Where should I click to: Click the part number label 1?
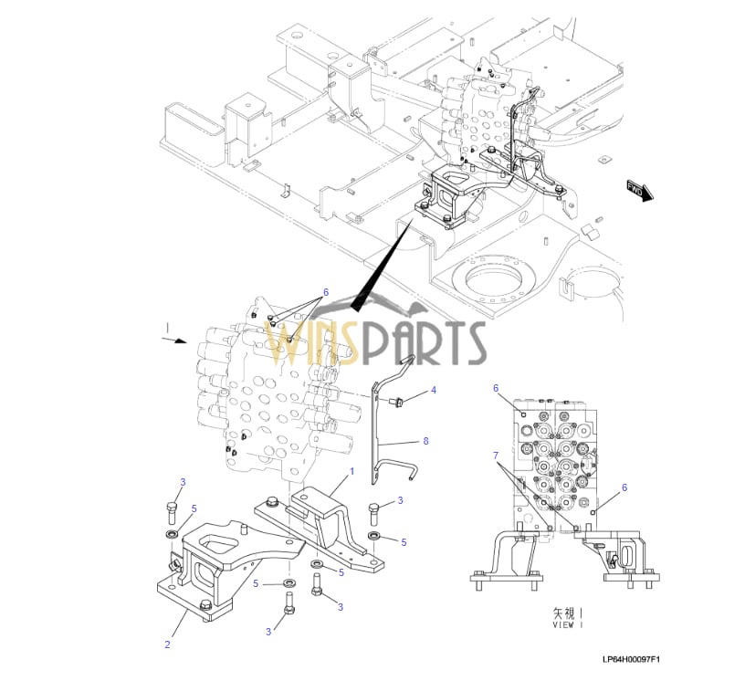[x=351, y=471]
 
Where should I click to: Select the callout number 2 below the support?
[x=167, y=644]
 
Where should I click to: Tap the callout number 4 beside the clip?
[x=434, y=390]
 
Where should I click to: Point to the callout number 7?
[x=496, y=455]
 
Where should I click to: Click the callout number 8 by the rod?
[x=425, y=441]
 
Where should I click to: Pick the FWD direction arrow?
[x=637, y=191]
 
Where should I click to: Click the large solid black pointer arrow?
[x=374, y=274]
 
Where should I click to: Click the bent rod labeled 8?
[x=388, y=429]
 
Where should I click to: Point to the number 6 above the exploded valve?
[x=324, y=293]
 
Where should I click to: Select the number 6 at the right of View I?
[x=624, y=487]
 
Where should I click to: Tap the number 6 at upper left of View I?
[x=496, y=388]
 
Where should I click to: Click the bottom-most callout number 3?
[x=268, y=632]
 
